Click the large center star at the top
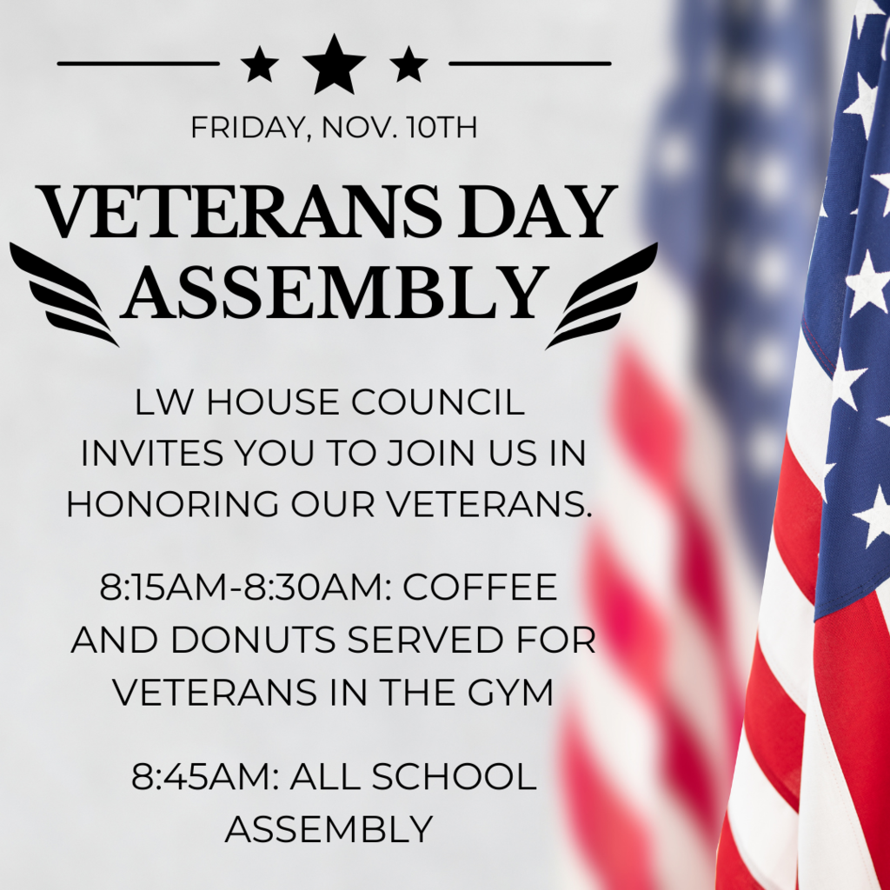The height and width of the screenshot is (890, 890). [334, 65]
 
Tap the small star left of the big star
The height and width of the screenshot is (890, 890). [259, 64]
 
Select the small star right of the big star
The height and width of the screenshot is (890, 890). [408, 64]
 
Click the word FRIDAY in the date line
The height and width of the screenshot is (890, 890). [248, 128]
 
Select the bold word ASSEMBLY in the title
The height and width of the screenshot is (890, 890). [335, 292]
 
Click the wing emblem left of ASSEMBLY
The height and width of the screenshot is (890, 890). [64, 294]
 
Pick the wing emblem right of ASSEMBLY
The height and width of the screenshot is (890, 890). [601, 296]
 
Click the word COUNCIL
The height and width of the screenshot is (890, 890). [438, 402]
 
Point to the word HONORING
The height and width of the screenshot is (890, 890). [173, 503]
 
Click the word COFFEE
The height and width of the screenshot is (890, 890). [480, 587]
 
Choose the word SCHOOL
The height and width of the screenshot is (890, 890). [454, 776]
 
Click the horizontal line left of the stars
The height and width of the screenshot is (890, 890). [138, 63]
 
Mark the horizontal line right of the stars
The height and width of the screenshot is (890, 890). [530, 63]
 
